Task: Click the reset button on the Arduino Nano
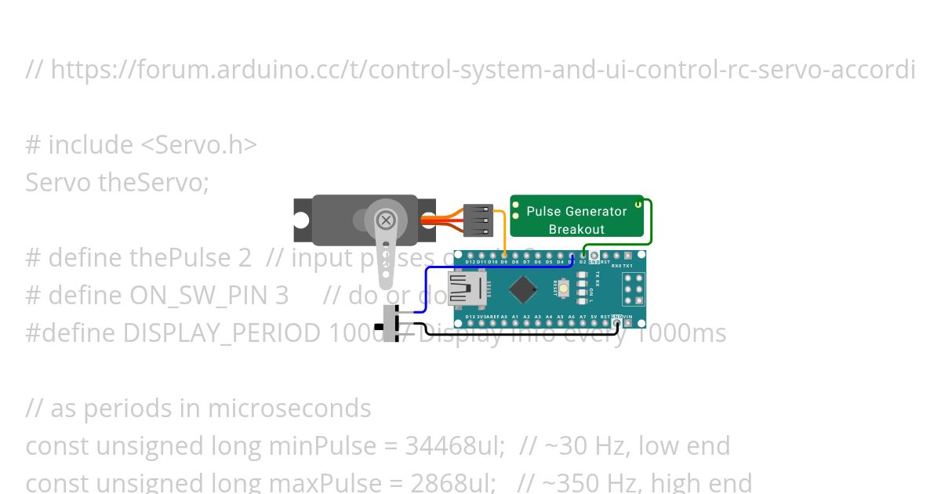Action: tap(563, 290)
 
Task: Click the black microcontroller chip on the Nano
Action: tap(522, 289)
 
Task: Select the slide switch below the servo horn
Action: tap(391, 322)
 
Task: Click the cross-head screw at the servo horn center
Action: tap(386, 220)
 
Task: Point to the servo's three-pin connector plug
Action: tap(478, 221)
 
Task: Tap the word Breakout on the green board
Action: tap(576, 229)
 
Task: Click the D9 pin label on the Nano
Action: tap(503, 262)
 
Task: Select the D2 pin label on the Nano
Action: tap(583, 262)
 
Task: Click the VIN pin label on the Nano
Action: tap(628, 317)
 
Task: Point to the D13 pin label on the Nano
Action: tap(470, 317)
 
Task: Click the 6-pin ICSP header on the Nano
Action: tap(633, 289)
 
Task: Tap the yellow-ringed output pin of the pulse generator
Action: tap(638, 205)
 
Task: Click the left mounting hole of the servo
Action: tap(303, 220)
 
